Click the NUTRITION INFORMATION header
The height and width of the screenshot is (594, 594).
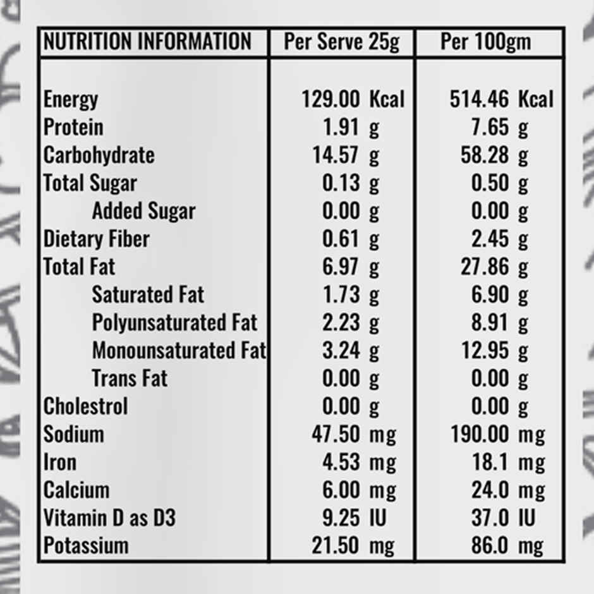click(x=147, y=42)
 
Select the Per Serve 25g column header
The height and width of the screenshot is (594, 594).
click(x=341, y=42)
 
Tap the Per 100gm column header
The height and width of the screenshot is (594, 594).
click(x=485, y=42)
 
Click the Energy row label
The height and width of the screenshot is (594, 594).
click(x=71, y=99)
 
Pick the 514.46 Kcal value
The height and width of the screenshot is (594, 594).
click(x=501, y=99)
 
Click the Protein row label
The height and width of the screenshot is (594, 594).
click(x=73, y=127)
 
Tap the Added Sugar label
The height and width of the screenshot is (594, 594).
click(x=143, y=211)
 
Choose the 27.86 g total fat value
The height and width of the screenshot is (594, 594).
click(x=494, y=267)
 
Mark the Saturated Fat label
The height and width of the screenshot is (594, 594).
click(x=148, y=294)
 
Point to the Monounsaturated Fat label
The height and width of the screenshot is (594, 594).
click(x=179, y=350)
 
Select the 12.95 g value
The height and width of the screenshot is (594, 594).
click(x=494, y=350)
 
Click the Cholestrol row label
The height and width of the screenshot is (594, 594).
click(x=85, y=406)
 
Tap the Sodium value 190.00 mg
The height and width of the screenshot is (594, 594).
click(x=497, y=434)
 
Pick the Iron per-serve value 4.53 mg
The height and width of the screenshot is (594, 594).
click(x=359, y=462)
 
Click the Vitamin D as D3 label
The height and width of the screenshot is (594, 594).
click(x=109, y=518)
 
